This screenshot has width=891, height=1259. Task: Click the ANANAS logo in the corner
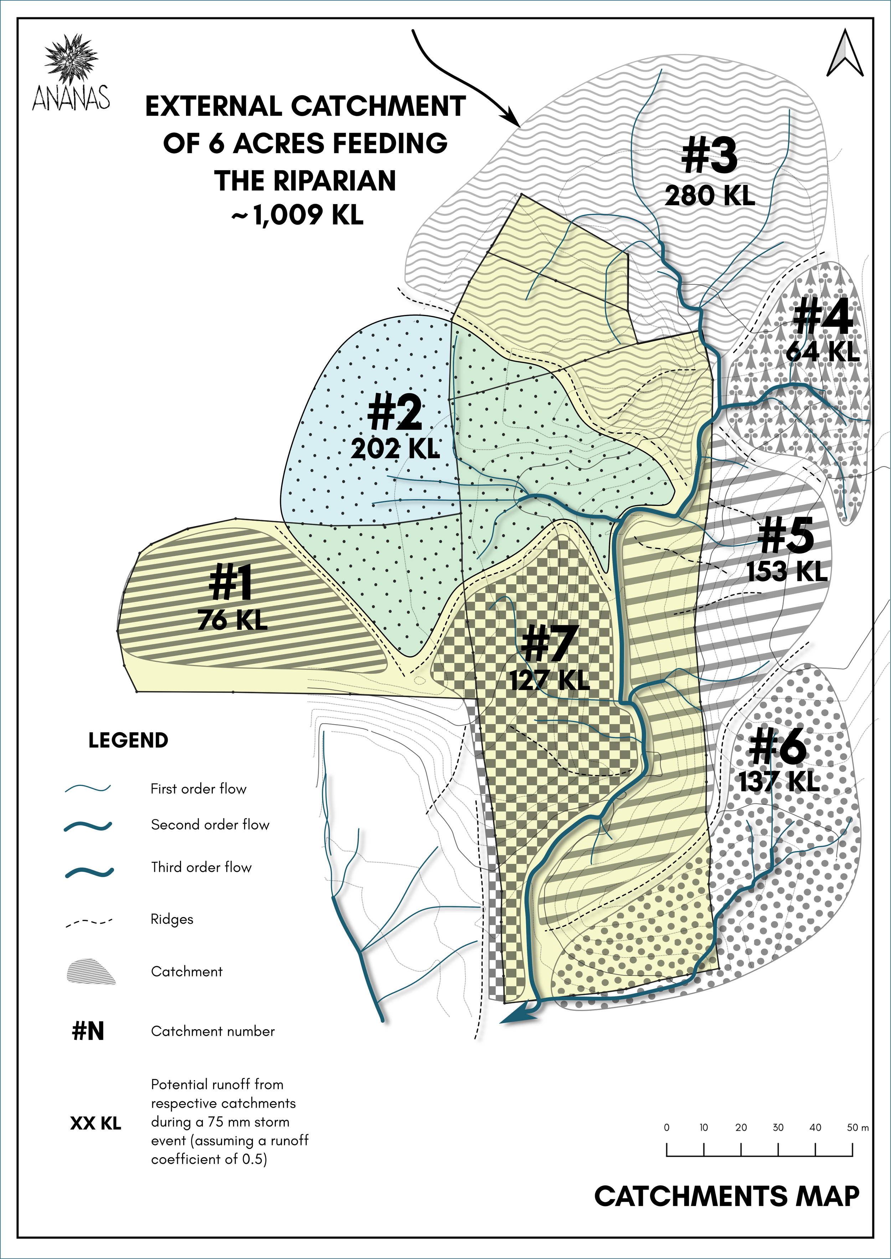[71, 74]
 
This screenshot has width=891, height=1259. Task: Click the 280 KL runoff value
[710, 196]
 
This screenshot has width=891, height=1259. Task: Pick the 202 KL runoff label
[395, 449]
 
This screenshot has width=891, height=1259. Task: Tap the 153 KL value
[787, 571]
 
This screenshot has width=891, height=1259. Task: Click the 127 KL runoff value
[550, 680]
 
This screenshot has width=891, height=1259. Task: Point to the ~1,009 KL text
[297, 214]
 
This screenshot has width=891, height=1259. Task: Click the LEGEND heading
[128, 740]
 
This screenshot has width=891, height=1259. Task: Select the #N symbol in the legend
[88, 1031]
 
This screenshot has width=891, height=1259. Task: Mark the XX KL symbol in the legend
[96, 1124]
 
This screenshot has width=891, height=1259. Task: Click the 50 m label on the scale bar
[857, 1128]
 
